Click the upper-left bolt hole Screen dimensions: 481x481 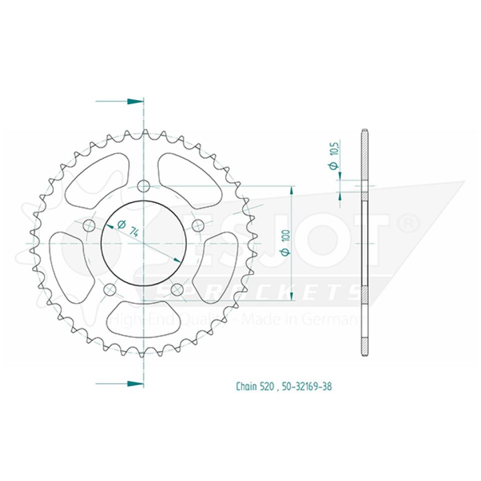90,223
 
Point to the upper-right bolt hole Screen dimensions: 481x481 197,224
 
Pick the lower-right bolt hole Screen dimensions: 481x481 177,289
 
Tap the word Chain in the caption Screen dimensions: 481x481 247,387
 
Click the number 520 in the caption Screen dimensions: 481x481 267,387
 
